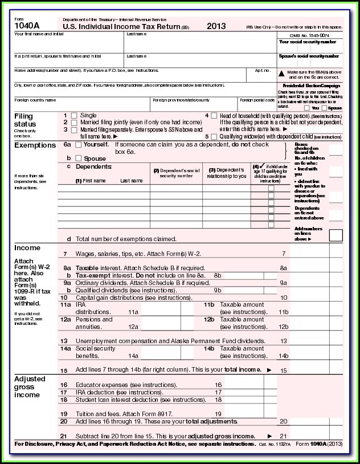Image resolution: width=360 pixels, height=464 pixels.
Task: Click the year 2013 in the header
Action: coord(216,26)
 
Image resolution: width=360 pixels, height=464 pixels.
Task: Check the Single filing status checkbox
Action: coord(74,115)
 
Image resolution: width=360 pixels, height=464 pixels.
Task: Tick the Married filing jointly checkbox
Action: coord(74,123)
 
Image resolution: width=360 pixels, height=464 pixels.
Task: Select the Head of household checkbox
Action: coord(214,115)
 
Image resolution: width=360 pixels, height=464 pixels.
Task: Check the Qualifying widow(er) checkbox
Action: coord(214,137)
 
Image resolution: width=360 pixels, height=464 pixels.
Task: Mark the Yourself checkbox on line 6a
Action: coord(78,145)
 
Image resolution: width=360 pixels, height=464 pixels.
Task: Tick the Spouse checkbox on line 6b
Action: coord(78,158)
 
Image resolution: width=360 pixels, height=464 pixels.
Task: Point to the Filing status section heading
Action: coord(24,120)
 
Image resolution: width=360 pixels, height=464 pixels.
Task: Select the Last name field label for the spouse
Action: coord(137,56)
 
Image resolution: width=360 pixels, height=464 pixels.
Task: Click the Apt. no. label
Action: coord(263,70)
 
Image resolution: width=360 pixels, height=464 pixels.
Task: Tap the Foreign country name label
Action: coord(35,100)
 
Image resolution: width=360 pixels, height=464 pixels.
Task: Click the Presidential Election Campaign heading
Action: coord(310,85)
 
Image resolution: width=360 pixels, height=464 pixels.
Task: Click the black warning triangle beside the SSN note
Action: coord(281,73)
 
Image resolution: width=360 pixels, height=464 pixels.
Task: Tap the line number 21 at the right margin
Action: coord(283,436)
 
